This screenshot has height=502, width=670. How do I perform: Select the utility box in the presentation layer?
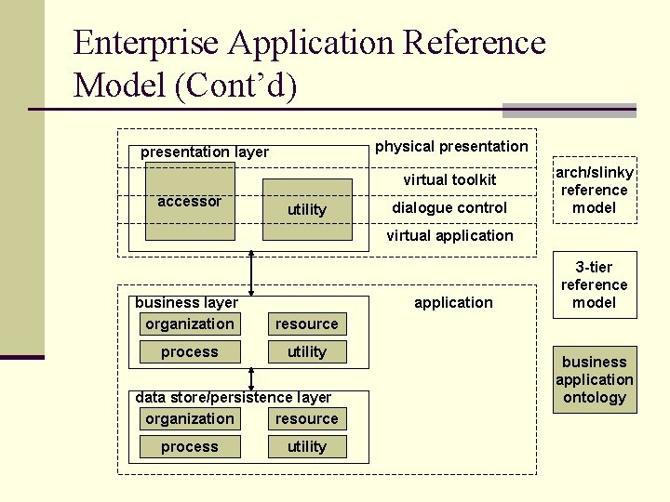[307, 209]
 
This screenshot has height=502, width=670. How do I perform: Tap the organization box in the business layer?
[190, 324]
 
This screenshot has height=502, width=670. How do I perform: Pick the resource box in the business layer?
[307, 324]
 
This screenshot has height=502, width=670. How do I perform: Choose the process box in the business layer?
[190, 352]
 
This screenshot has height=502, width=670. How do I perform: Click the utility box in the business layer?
[307, 352]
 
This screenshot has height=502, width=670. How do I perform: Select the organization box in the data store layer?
[190, 419]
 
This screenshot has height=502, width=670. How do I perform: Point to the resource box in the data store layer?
[307, 419]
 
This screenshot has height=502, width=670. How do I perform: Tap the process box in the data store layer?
[190, 447]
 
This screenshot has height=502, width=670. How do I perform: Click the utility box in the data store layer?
[307, 447]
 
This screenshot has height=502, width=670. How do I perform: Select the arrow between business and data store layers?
[251, 378]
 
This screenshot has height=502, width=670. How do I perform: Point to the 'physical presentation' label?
[451, 146]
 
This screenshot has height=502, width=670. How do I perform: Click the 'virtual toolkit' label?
[449, 179]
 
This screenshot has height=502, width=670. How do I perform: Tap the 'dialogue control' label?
[449, 207]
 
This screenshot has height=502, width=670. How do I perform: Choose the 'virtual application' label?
[449, 235]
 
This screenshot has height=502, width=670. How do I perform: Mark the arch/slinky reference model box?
[595, 190]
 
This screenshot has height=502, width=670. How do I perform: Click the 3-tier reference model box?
[595, 284]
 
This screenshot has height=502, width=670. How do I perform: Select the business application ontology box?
[595, 379]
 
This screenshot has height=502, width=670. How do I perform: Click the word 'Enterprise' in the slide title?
[146, 43]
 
